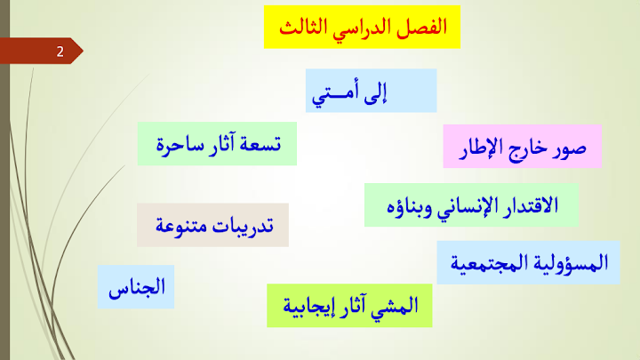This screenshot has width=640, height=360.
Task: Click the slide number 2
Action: (x=60, y=52)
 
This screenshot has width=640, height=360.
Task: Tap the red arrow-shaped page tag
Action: (x=41, y=51)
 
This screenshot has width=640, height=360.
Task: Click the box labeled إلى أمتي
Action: (x=371, y=91)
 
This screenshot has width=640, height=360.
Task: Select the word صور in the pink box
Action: (x=570, y=148)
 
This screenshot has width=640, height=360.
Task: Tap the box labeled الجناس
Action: (x=136, y=286)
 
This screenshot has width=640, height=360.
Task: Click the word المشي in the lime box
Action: (x=395, y=306)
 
